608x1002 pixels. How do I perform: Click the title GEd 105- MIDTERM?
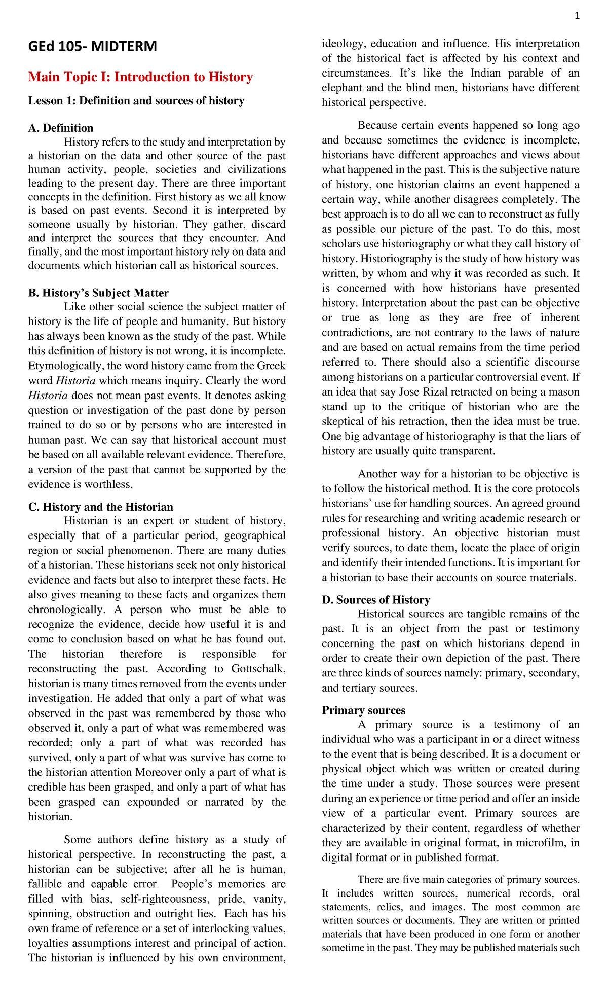[x=92, y=47]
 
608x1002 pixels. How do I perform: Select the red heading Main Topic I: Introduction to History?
[x=140, y=77]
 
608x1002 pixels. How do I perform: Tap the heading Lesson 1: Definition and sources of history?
[x=136, y=101]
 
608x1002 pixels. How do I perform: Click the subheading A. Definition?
[x=61, y=128]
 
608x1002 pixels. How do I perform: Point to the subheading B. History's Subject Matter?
[x=98, y=293]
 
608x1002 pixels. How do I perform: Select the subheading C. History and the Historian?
[x=100, y=507]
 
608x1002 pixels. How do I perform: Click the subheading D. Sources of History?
[x=375, y=600]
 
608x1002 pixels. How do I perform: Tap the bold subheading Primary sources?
[x=363, y=710]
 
